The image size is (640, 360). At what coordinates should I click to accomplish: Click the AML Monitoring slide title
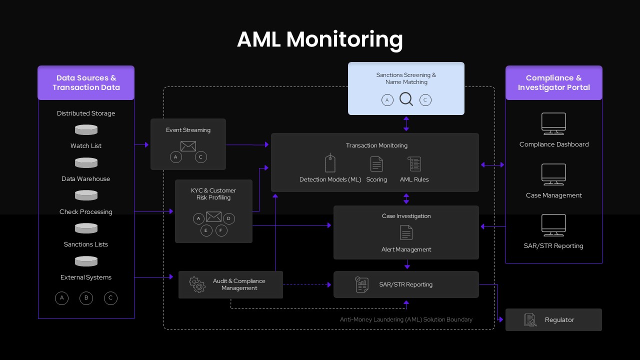[x=319, y=39]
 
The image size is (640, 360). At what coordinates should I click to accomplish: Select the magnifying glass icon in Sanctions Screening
[x=406, y=99]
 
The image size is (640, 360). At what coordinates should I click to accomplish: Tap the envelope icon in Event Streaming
[x=188, y=146]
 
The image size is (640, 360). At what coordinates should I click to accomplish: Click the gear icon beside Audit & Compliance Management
[x=197, y=284]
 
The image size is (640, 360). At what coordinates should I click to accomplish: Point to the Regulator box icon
[x=530, y=320]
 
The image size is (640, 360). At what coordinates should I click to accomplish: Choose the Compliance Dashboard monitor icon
[x=553, y=123]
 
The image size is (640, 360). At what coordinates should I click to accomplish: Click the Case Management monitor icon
[x=553, y=174]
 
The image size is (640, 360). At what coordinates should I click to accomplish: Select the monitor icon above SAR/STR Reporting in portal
[x=553, y=225]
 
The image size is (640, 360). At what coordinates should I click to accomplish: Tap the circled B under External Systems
[x=86, y=298]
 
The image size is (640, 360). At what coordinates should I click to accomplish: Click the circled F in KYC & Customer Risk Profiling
[x=221, y=230]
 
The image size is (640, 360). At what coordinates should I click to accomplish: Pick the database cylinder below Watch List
[x=86, y=162]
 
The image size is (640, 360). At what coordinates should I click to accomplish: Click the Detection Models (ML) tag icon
[x=330, y=163]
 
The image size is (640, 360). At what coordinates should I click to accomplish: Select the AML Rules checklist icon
[x=414, y=163]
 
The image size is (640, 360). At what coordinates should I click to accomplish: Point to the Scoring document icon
[x=376, y=163]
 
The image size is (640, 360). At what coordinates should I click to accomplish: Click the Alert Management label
[x=406, y=249]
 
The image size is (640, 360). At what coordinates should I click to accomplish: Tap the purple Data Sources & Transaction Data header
[x=86, y=82]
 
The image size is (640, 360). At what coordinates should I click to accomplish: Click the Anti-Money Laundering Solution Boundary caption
[x=406, y=319]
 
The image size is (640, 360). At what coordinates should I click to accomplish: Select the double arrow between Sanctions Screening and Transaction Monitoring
[x=406, y=123]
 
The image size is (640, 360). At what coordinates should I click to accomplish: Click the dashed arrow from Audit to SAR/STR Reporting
[x=307, y=284]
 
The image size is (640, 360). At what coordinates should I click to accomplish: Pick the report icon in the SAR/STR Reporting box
[x=361, y=284]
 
